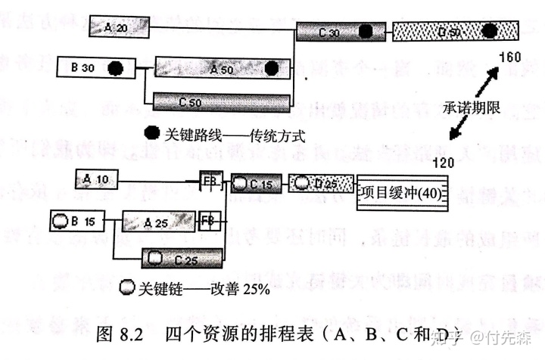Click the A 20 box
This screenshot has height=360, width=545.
(x=117, y=28)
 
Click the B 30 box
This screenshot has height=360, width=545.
(x=92, y=68)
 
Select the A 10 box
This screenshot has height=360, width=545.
(x=103, y=179)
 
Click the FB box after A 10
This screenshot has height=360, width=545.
(x=210, y=182)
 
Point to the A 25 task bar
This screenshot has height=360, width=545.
(x=158, y=222)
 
